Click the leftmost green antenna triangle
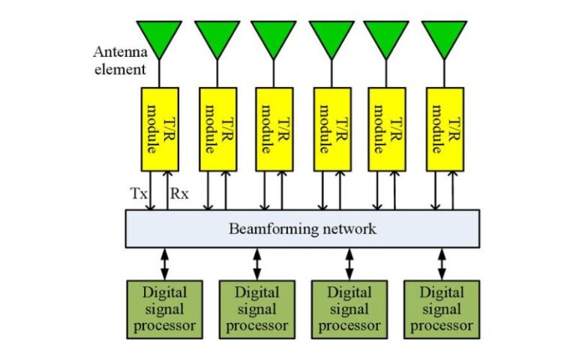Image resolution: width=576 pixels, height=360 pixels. click(x=160, y=36)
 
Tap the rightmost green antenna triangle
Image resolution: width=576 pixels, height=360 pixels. click(x=444, y=36)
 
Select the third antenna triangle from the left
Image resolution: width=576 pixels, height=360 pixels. click(x=274, y=36)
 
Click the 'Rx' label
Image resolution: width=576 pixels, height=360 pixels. click(x=180, y=193)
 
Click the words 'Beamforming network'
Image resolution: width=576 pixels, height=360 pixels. click(x=301, y=228)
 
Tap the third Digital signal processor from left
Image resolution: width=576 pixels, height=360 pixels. click(x=349, y=308)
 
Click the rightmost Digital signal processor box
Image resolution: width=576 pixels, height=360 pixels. click(x=442, y=308)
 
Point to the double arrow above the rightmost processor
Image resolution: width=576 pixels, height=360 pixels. click(x=442, y=263)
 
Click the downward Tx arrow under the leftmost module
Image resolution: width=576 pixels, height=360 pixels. click(x=151, y=190)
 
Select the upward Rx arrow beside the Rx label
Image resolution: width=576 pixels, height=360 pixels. click(x=168, y=190)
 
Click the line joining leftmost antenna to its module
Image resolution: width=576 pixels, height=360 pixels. click(x=160, y=73)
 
